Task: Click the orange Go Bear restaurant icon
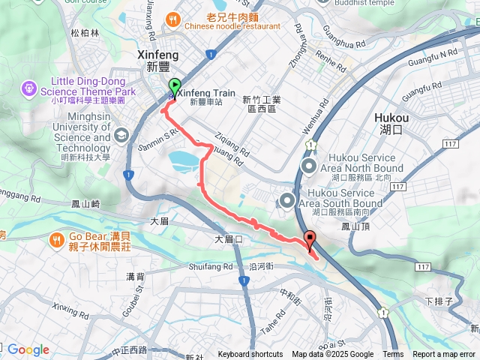click(x=57, y=240)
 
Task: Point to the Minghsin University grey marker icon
click(x=122, y=133)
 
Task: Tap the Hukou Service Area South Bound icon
click(x=286, y=199)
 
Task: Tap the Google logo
click(x=28, y=349)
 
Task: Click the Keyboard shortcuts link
click(x=250, y=355)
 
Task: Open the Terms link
click(x=393, y=355)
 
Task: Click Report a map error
click(x=445, y=355)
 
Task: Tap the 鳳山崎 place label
click(x=85, y=204)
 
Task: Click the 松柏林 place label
click(x=85, y=33)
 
